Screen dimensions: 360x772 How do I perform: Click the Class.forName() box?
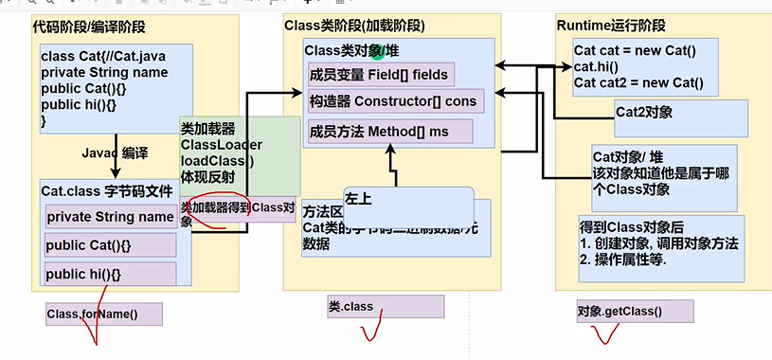pyautogui.click(x=103, y=315)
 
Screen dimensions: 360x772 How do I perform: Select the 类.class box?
pyautogui.click(x=385, y=307)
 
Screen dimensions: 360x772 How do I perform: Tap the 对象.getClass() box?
pyautogui.click(x=634, y=311)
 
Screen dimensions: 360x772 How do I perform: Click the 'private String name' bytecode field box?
pyautogui.click(x=110, y=217)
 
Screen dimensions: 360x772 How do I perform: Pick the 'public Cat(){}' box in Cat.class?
pyautogui.click(x=110, y=246)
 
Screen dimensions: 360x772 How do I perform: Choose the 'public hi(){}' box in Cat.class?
pyautogui.click(x=110, y=275)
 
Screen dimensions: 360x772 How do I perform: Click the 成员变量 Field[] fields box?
pyautogui.click(x=380, y=75)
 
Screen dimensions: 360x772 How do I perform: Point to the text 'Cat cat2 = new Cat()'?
pyautogui.click(x=638, y=82)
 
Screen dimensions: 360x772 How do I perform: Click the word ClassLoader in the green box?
pyautogui.click(x=221, y=144)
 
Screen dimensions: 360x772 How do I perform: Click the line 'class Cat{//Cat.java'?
pyautogui.click(x=103, y=57)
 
